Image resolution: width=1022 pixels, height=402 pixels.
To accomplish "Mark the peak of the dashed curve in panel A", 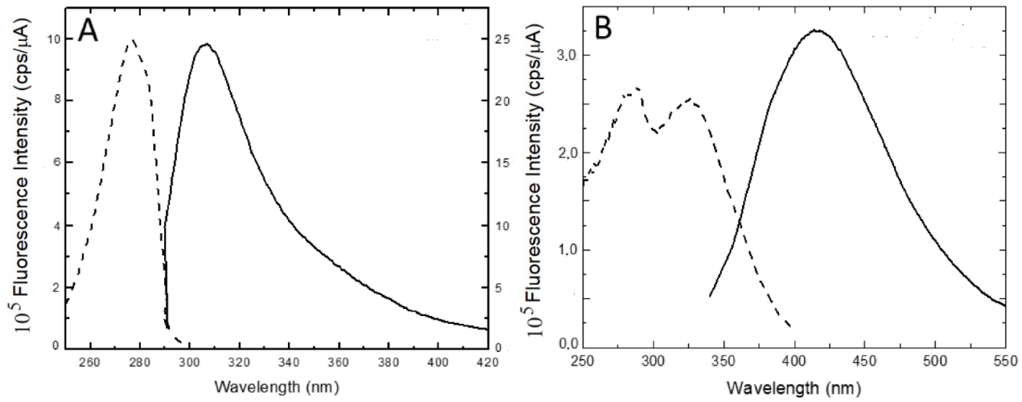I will point(133,40).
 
